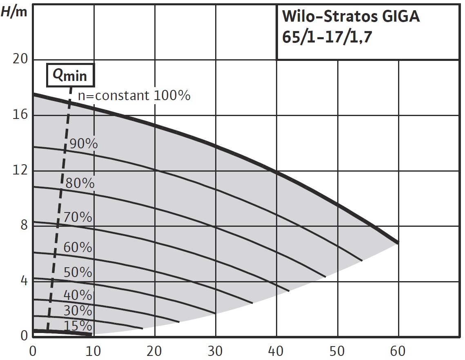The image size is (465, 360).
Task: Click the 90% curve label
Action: pos(84,144)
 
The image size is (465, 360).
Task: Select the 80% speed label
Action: pos(80,183)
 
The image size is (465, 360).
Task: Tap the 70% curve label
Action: pos(78,217)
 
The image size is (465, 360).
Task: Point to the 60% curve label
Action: pos(78,247)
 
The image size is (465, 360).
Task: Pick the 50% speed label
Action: pos(78,272)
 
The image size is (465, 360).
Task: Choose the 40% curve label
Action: pos(78,294)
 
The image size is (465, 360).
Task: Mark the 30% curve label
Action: pos(78,311)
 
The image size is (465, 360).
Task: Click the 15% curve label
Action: pos(78,326)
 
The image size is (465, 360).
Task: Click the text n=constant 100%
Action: pos(134,96)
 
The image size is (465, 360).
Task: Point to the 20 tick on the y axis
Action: pos(20,60)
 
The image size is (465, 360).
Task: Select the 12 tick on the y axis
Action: pos(20,170)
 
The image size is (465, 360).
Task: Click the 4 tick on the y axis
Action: pos(24,281)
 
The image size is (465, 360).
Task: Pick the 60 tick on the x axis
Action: pos(398,350)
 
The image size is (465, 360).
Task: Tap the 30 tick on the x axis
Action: pos(216,350)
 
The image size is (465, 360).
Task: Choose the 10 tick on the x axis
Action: pos(94,350)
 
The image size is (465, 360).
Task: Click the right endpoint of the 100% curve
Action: pos(398,242)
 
